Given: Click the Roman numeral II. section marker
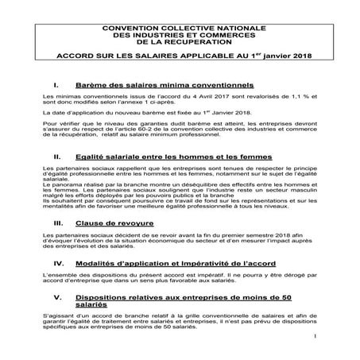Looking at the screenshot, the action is pyautogui.click(x=57, y=159).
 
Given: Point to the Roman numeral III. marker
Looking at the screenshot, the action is pyautogui.click(x=58, y=224).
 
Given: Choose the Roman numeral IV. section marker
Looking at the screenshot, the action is pyautogui.click(x=59, y=261).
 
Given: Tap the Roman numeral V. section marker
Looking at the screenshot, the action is pyautogui.click(x=58, y=299).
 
